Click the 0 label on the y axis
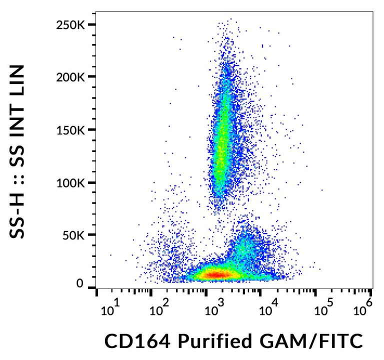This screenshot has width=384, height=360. pyautogui.click(x=79, y=283)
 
